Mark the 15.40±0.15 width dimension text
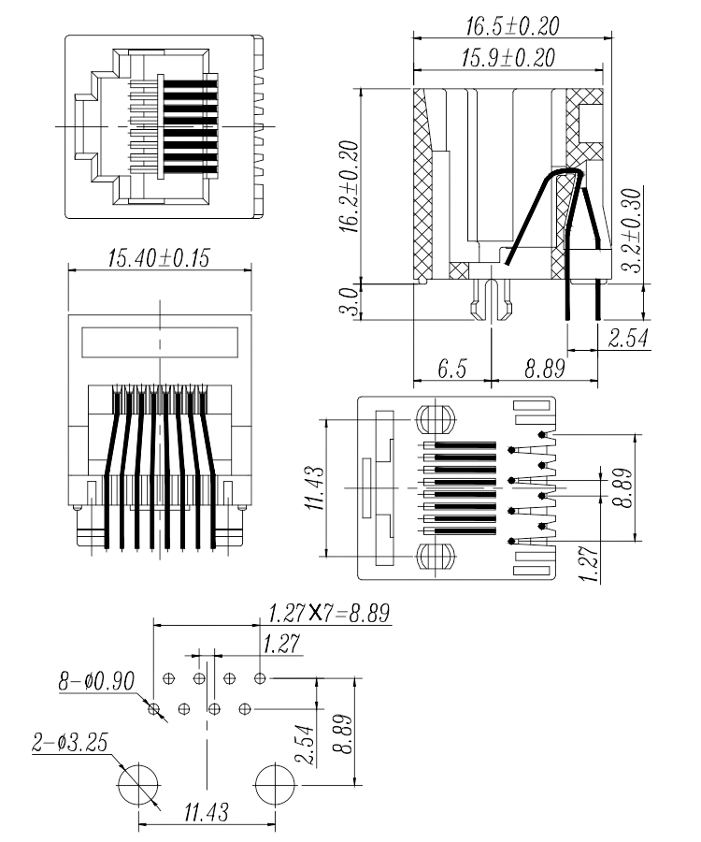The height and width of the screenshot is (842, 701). [x=161, y=258]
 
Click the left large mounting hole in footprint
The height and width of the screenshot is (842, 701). [x=139, y=782]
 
